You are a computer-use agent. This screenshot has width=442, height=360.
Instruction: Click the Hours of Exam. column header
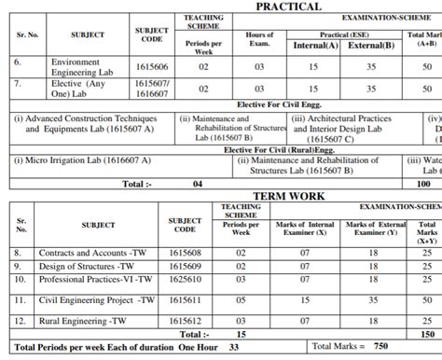[260, 38]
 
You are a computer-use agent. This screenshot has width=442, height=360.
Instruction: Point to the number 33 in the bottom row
[233, 347]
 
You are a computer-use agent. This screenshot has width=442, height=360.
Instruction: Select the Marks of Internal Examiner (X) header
[308, 228]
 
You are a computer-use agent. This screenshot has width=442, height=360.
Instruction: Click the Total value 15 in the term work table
[241, 333]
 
